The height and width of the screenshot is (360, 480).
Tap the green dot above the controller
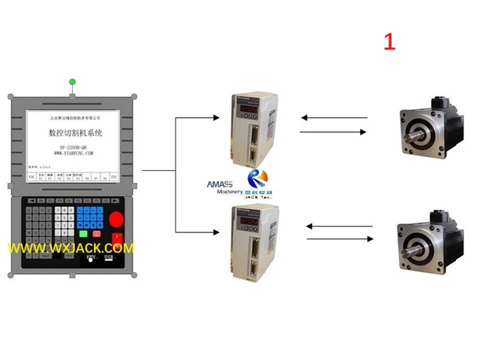click(x=73, y=81)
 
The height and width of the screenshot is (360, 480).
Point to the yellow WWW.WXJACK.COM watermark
click(x=71, y=247)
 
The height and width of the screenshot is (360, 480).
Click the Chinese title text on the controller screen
click(x=74, y=132)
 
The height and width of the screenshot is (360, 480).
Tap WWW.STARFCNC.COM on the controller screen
click(x=73, y=153)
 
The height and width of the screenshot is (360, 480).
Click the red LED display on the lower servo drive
click(x=248, y=222)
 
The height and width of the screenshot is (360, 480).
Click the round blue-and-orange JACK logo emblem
click(x=258, y=178)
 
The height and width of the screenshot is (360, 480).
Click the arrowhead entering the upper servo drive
click(x=226, y=118)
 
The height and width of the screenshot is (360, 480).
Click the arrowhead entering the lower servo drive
click(x=226, y=229)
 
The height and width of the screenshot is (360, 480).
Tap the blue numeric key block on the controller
click(x=90, y=218)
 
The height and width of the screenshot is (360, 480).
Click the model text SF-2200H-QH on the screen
click(x=73, y=145)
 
